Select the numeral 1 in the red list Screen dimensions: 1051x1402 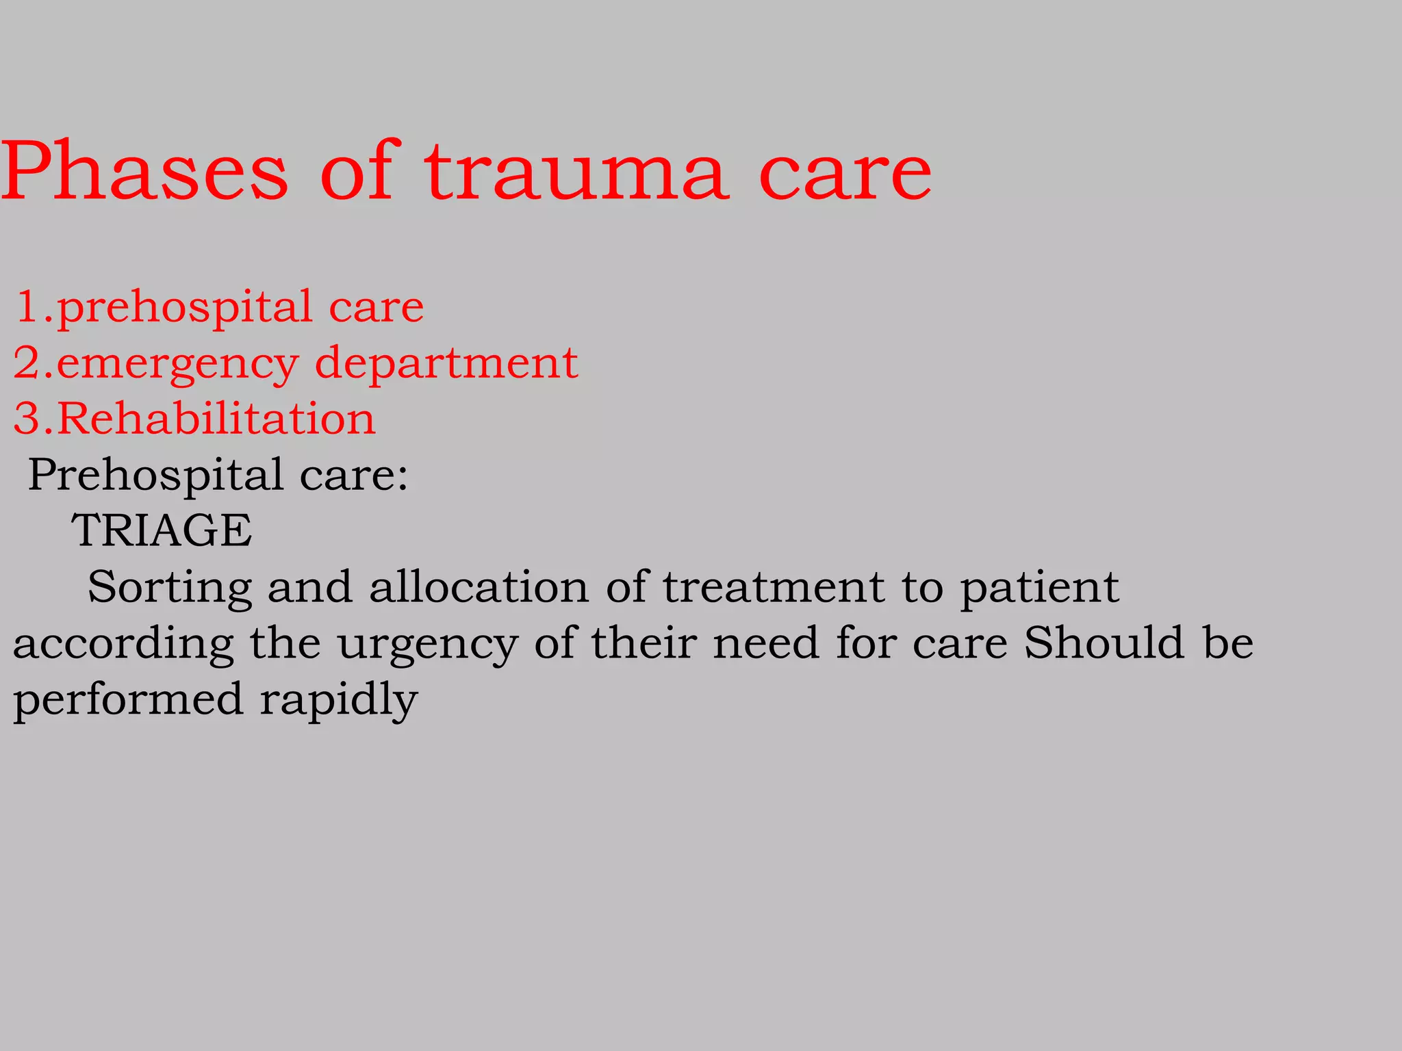tap(28, 306)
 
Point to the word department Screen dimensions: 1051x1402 tap(446, 363)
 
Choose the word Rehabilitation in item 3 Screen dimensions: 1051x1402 tap(216, 418)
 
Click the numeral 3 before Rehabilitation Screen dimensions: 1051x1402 tap(26, 418)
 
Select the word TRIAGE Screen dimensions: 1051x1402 tap(162, 530)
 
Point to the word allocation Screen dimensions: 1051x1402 tap(479, 587)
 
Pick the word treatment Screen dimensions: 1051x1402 tap(774, 587)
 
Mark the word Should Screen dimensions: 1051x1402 tap(1104, 643)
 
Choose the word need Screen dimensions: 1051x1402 tap(766, 643)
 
